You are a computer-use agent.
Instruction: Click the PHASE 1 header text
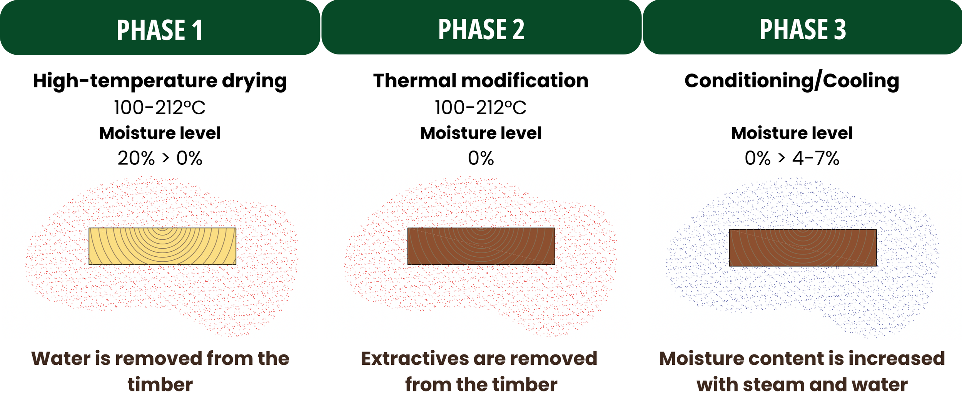tap(160, 30)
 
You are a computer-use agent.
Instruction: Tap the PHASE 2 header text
tap(481, 30)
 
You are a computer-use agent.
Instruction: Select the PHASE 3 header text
tap(803, 30)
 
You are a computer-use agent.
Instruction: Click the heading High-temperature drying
tap(160, 81)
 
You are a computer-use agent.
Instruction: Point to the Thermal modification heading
tap(481, 81)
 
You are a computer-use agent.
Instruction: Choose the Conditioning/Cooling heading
tap(792, 81)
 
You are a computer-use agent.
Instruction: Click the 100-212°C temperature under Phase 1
tap(160, 108)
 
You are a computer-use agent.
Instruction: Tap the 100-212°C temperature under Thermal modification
tap(480, 108)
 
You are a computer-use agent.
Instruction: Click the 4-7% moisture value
tap(816, 158)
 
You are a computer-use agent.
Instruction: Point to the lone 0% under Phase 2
tap(481, 158)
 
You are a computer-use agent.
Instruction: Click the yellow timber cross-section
tap(162, 246)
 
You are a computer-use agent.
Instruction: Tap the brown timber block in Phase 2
tap(481, 246)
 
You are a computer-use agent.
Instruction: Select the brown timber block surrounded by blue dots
tap(803, 248)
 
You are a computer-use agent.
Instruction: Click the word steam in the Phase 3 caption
tap(773, 384)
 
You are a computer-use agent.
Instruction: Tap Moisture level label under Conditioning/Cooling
tap(792, 133)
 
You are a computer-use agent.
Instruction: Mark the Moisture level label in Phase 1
tap(160, 133)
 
